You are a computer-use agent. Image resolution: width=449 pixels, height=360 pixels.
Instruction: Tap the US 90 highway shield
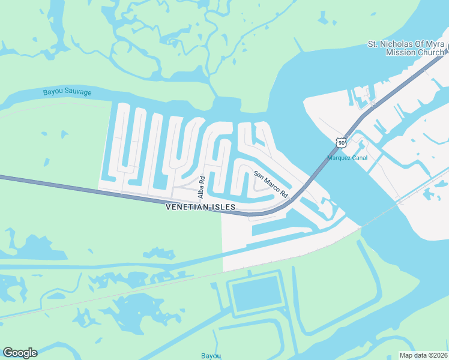pyautogui.click(x=341, y=142)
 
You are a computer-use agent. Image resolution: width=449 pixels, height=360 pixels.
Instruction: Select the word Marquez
pyautogui.click(x=339, y=158)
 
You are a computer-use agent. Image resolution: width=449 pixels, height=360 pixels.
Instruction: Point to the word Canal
pyautogui.click(x=360, y=158)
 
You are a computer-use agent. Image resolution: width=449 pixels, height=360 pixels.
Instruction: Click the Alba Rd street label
pyautogui.click(x=202, y=187)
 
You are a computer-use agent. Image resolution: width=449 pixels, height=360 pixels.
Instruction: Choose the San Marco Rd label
pyautogui.click(x=271, y=185)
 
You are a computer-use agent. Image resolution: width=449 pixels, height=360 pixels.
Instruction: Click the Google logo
pyautogui.click(x=20, y=353)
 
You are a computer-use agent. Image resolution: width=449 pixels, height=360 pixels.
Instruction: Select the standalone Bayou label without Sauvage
pyautogui.click(x=211, y=356)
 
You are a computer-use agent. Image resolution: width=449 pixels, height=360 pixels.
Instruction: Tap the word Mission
pyautogui.click(x=399, y=52)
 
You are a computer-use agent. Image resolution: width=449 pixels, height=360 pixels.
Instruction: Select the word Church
pyautogui.click(x=429, y=52)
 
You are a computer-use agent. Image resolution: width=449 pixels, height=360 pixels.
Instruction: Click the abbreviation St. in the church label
pyautogui.click(x=373, y=44)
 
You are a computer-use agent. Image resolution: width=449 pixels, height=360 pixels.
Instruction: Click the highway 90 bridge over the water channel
pyautogui.click(x=318, y=173)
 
